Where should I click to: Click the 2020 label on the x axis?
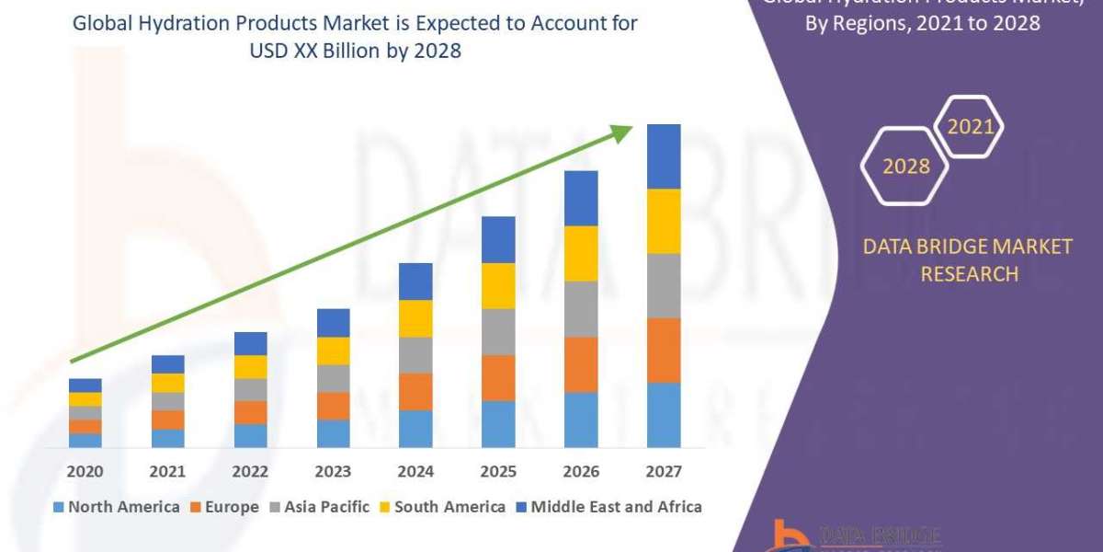click(85, 472)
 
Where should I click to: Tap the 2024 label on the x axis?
click(415, 472)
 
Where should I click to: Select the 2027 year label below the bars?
click(664, 472)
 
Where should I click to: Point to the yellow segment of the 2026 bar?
click(581, 253)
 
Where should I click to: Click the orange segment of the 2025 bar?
click(498, 378)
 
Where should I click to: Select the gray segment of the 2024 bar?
click(415, 355)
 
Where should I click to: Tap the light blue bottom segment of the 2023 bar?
click(334, 433)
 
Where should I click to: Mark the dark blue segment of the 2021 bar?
click(168, 364)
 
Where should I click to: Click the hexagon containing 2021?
click(969, 127)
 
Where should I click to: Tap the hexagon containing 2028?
click(904, 166)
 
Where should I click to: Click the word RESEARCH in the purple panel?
click(969, 273)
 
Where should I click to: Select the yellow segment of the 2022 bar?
click(250, 367)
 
